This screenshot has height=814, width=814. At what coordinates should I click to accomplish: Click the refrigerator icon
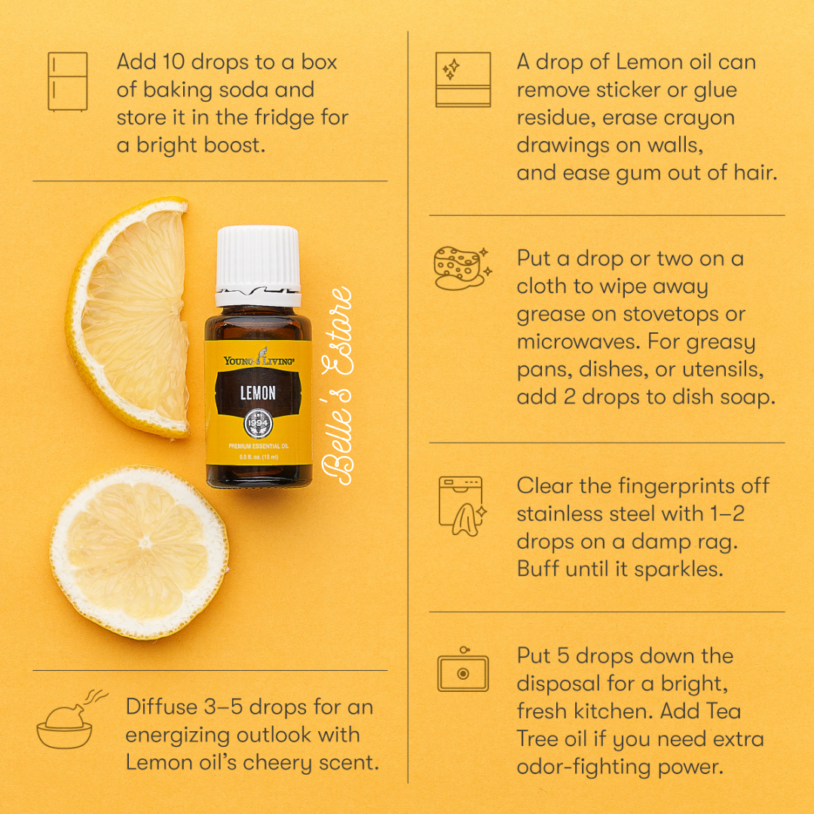pos(68,81)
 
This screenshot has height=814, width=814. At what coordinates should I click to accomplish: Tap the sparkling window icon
pos(463,79)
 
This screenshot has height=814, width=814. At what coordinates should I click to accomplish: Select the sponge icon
pos(462,268)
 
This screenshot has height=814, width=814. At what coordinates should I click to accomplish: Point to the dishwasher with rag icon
pos(462,506)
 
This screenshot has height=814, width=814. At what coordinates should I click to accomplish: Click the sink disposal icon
pos(463,670)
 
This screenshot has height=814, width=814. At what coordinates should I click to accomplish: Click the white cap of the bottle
pos(258,265)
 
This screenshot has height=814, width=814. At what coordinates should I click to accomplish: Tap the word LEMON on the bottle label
pos(258,393)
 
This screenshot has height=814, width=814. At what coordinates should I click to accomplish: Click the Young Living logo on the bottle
pos(259,359)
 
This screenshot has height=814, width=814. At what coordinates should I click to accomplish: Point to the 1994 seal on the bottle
pos(258,423)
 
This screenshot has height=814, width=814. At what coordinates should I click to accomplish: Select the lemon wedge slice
pos(127,317)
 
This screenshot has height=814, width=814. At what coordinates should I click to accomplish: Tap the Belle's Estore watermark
pos(338,386)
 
